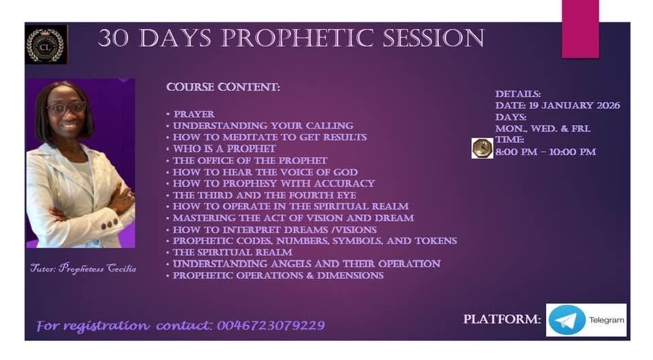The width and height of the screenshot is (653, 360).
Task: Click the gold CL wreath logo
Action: point(46,46)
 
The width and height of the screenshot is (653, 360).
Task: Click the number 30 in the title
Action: point(113,38)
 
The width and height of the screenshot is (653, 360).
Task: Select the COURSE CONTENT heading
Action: point(223,87)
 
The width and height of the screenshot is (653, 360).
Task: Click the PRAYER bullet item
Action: point(194,114)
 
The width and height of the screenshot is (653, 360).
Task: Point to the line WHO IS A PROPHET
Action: point(224,149)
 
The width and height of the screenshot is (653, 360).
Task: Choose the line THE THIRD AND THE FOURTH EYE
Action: point(265,195)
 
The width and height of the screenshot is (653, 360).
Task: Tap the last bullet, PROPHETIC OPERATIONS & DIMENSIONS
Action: point(278,276)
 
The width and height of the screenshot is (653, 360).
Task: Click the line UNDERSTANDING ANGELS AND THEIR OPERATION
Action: point(307,264)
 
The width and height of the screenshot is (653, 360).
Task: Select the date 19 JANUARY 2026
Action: point(574,105)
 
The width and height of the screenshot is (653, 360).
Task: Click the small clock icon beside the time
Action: point(482,148)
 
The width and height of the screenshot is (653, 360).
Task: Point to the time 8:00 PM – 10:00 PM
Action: point(546,152)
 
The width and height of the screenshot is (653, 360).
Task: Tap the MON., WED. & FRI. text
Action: point(543,129)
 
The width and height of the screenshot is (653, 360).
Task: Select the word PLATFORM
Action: point(502,319)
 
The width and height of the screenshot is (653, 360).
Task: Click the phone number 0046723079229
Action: point(271,325)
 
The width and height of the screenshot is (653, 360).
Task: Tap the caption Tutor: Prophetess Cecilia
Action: point(83,268)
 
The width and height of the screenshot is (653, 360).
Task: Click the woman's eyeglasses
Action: point(67,108)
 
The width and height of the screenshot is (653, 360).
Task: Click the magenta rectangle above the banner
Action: point(580,29)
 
